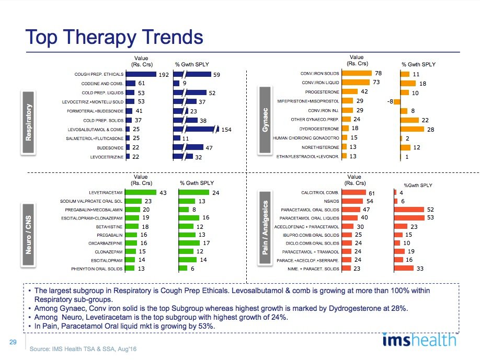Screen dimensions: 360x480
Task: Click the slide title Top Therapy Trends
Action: pyautogui.click(x=115, y=37)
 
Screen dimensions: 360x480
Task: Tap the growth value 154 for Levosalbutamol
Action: pyautogui.click(x=226, y=129)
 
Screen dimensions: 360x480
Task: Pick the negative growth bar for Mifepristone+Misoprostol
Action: pyautogui.click(x=397, y=101)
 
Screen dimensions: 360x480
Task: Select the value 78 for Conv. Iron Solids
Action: pyautogui.click(x=378, y=73)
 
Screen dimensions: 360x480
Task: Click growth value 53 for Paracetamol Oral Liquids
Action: pyautogui.click(x=430, y=217)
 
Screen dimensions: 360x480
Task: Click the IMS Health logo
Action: pyautogui.click(x=418, y=340)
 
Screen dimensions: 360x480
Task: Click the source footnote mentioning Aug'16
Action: pyautogui.click(x=83, y=348)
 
